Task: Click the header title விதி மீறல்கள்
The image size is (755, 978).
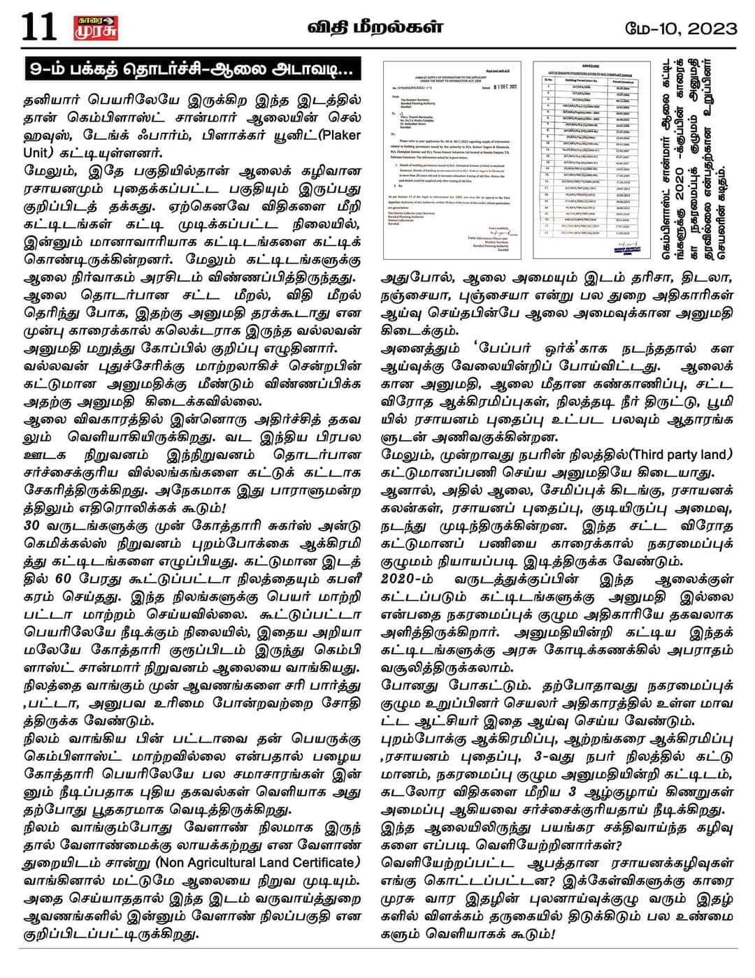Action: tap(376, 27)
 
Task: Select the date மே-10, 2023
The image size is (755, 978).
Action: tap(682, 28)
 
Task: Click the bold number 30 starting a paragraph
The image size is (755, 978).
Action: tap(33, 524)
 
